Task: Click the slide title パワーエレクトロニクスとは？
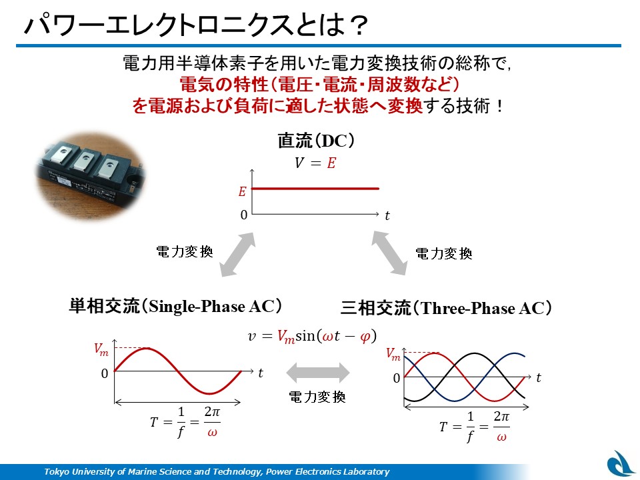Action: click(196, 25)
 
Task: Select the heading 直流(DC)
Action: click(316, 141)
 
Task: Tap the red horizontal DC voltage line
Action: click(315, 189)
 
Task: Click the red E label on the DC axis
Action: click(243, 191)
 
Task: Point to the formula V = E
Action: click(315, 163)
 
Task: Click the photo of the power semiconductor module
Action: click(91, 176)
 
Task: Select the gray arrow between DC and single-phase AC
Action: click(237, 255)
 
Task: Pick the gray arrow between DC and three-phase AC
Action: click(389, 253)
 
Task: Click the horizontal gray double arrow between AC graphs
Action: click(318, 373)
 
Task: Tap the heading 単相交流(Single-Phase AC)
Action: click(175, 306)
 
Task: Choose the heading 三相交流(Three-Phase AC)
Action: click(446, 308)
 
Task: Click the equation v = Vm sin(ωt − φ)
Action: click(312, 336)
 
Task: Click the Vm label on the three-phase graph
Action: click(393, 354)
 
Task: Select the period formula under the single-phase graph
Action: click(185, 422)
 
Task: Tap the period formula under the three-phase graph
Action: click(474, 427)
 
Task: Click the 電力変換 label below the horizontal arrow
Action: click(317, 397)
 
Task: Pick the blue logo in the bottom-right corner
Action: click(621, 464)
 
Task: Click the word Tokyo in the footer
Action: click(55, 472)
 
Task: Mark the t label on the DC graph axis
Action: click(387, 215)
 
